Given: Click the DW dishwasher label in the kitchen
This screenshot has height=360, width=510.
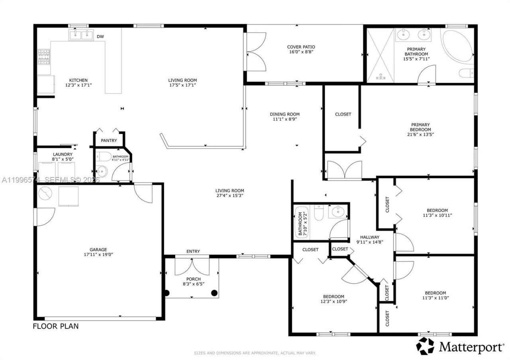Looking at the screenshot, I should (100, 37).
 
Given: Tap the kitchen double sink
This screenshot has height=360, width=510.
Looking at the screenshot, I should (81, 35).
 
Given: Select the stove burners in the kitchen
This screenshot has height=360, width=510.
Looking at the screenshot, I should (44, 57).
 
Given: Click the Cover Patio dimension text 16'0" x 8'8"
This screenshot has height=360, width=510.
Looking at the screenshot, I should (301, 52).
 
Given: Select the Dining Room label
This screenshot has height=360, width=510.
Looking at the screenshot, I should (284, 114).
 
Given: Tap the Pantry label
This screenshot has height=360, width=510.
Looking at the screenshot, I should (109, 141).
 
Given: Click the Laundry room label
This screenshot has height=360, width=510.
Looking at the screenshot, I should (63, 154).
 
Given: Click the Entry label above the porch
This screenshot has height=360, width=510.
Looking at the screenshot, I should (193, 251).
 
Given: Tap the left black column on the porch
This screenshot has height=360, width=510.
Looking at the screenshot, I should (167, 293).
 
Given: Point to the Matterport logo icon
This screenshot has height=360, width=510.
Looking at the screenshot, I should (425, 346).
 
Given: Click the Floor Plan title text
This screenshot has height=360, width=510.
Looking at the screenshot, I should (55, 326).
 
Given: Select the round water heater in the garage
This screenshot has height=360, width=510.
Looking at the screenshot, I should (45, 194).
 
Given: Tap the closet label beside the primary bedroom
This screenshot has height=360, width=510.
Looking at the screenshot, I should (343, 114).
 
